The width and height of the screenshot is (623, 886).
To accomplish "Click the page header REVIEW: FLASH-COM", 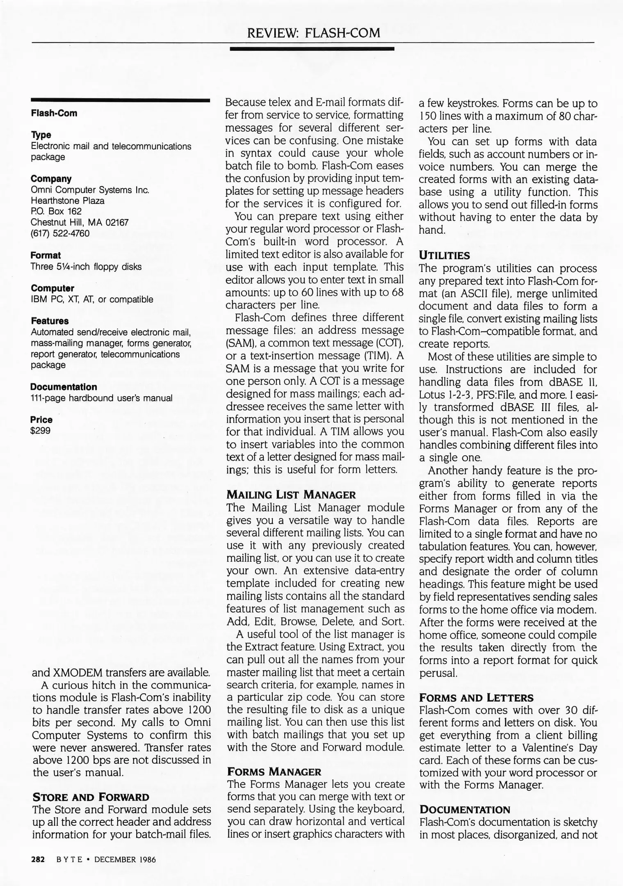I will [313, 32].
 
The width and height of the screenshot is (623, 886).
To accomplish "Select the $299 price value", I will [41, 431].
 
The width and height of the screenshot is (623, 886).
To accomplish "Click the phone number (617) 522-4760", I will [60, 233].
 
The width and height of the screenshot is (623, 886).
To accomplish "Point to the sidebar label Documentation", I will [64, 387].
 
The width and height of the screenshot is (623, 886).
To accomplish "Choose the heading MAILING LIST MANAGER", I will [291, 495].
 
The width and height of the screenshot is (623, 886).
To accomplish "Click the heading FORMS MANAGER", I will [274, 772].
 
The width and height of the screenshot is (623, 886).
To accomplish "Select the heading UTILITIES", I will [444, 256].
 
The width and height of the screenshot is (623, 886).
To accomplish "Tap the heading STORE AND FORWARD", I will [91, 797].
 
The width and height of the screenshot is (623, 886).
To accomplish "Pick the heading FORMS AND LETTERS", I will [476, 698].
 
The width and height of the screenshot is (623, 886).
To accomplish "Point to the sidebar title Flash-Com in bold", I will [54, 113].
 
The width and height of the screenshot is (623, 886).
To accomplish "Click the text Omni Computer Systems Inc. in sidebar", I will [90, 190].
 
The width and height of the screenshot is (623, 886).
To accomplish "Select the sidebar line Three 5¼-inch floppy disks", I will [86, 267].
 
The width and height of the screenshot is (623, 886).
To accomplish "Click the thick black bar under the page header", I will [312, 48].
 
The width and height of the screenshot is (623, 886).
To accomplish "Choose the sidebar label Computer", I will [52, 288].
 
